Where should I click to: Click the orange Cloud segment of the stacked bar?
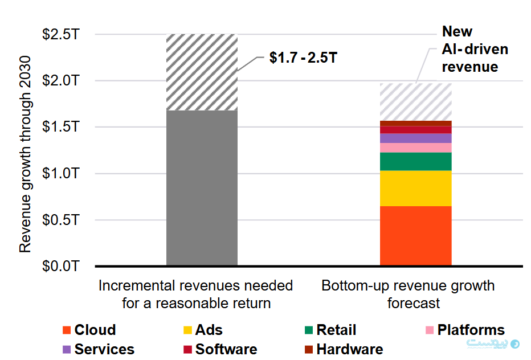[x=415, y=235]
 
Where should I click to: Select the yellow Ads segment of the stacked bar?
[x=415, y=188]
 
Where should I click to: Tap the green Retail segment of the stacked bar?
[x=415, y=161]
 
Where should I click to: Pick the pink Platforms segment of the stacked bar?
[x=415, y=148]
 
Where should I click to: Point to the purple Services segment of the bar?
[x=415, y=138]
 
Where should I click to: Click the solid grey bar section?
[x=202, y=187]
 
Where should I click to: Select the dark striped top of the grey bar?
[x=202, y=72]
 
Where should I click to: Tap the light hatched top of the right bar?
[x=415, y=101]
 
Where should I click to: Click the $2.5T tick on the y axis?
[x=60, y=34]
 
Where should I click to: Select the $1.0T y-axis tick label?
[x=60, y=173]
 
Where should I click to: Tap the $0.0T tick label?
[x=60, y=266]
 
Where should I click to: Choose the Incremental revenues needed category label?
[x=196, y=294]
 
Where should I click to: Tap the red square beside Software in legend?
[x=187, y=349]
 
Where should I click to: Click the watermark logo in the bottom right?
[x=516, y=344]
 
